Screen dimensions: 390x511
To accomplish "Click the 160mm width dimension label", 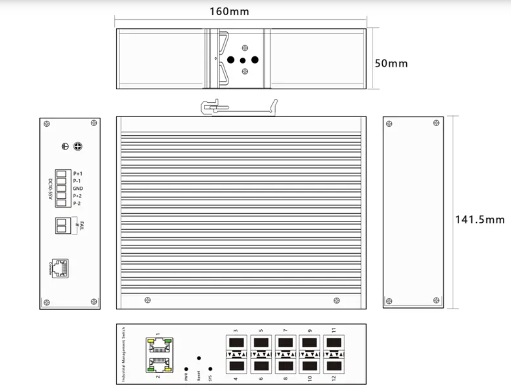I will pos(229,11).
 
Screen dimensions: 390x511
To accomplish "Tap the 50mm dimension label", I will pos(391,63).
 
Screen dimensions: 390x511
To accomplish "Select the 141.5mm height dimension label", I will pos(479,219).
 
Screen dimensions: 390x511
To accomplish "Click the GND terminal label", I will pos(78,189).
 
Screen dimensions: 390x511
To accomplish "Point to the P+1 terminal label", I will pos(78,173).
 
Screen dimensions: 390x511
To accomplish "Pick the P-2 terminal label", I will pos(77,204).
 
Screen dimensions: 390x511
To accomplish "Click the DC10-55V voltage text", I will pos(50,188).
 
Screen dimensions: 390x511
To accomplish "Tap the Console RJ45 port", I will pos(60,268).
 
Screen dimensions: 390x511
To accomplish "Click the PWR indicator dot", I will pos(186,369).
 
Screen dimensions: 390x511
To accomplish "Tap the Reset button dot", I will pos(199,358).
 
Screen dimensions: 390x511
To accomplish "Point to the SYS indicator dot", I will pos(211,369).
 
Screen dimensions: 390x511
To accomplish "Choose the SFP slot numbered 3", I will pos(235,343).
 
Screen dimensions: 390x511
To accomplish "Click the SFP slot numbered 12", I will pos(333,366).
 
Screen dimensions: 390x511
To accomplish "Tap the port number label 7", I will pos(285,330).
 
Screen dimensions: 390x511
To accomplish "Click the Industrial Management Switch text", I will pos(123,354).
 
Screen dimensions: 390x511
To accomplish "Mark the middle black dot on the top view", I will pos(243,60).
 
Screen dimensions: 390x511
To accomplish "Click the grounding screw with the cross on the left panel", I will pos(77,146).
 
